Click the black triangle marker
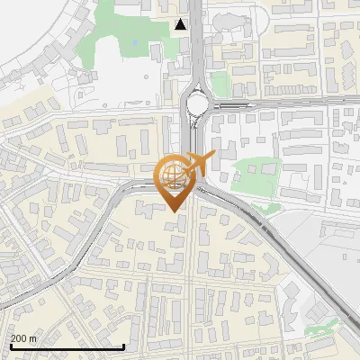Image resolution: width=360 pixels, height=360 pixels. click(182, 24)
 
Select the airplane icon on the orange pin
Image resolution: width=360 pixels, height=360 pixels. click(202, 163)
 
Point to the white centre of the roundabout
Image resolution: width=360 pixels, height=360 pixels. click(197, 106)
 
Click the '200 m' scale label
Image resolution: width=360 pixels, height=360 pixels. click(24, 338)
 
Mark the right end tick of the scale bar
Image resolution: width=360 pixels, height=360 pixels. click(123, 345)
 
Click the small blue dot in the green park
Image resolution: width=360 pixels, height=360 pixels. click(134, 42)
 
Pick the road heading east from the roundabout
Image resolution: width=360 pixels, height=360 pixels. click(288, 102)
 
